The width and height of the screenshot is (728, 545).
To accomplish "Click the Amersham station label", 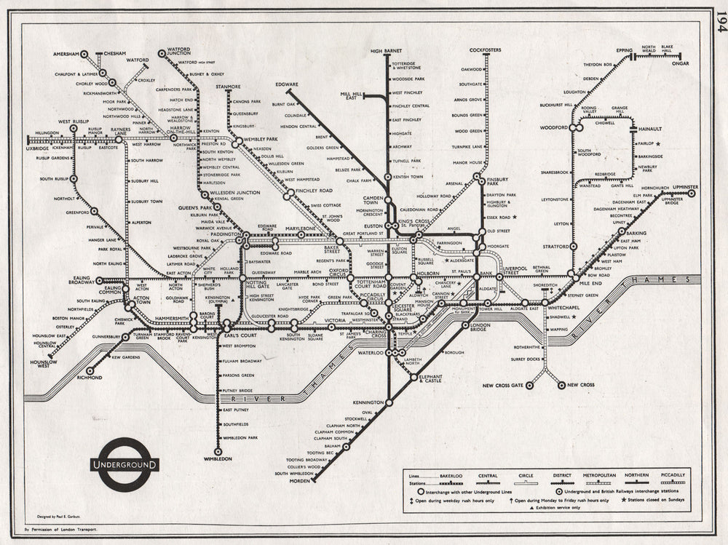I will pos(66,54).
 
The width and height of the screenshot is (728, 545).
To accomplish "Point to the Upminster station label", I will pos(679,187).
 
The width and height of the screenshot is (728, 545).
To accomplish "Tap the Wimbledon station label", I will pos(218,459).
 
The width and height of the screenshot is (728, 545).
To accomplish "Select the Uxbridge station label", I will pos(36,148).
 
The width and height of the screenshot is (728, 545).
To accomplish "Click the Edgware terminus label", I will pos(286,85).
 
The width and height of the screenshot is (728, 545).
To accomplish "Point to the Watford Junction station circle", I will pos(162,54).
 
